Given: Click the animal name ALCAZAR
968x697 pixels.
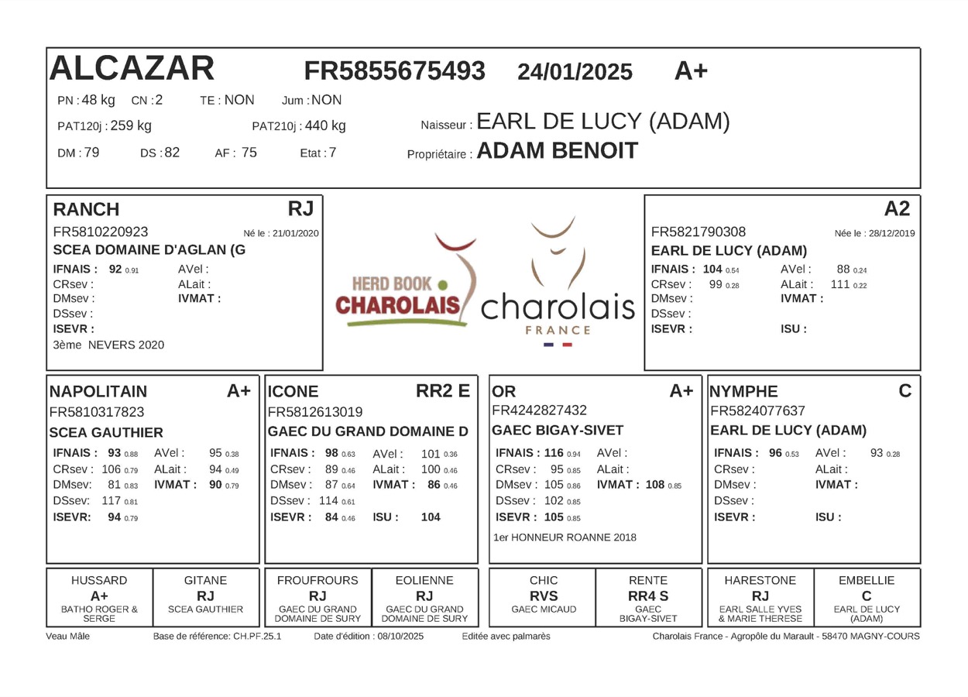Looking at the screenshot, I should pos(132,69).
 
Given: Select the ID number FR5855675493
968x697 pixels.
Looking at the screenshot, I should pos(394,70).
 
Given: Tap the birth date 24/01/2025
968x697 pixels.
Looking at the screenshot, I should pos(575,72).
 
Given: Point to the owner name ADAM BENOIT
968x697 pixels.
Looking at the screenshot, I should pos(557,151).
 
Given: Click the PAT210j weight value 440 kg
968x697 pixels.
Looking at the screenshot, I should pos(325,125).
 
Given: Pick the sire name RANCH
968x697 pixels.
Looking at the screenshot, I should pos(86,209).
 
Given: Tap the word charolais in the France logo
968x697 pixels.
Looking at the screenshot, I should pos(558,308).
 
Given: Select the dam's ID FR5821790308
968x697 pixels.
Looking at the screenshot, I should pos(699,232).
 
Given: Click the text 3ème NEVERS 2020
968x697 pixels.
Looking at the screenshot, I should pos(108,345).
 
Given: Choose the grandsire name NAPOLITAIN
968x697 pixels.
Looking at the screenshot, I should pos(98,392).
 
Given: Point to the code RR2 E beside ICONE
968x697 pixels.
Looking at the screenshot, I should pos(443,391).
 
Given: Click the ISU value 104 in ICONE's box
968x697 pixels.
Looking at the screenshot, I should pos(431,517).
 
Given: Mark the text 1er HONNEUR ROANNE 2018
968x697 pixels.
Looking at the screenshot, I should pos(565,537).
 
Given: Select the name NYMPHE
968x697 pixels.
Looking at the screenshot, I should pos(744,392).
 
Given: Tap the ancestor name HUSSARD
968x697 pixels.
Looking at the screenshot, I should pos(99,580).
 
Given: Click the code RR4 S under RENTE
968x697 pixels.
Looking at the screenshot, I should pos(648,596).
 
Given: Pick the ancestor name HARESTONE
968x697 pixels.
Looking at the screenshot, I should pos(760,580).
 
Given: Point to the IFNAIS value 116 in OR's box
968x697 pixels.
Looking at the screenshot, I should pos(554,453).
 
